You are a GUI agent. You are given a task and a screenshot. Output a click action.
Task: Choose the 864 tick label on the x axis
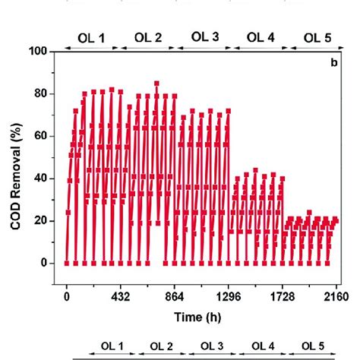[x=175, y=296]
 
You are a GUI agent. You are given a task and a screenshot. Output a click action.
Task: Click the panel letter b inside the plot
[x=333, y=62]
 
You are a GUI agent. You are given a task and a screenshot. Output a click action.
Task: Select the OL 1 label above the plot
[x=92, y=36]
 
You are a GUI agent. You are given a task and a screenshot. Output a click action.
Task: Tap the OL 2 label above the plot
[x=147, y=36]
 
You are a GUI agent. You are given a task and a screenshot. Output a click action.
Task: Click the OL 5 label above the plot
[x=317, y=36]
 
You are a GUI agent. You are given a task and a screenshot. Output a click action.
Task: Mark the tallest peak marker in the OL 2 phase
[x=156, y=84]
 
